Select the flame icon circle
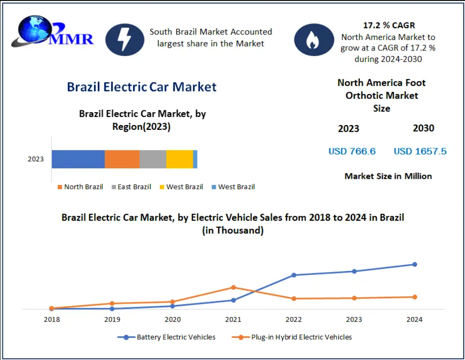pyautogui.click(x=314, y=39)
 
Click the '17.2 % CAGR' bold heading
pyautogui.click(x=388, y=26)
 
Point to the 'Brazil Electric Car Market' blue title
pyautogui.click(x=142, y=87)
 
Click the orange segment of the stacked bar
pyautogui.click(x=122, y=159)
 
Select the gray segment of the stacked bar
pyautogui.click(x=153, y=159)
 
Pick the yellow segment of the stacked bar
pyautogui.click(x=179, y=159)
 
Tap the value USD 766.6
pyautogui.click(x=352, y=151)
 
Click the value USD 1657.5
pyautogui.click(x=420, y=151)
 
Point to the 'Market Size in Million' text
pyautogui.click(x=388, y=176)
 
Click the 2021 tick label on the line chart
pyautogui.click(x=233, y=320)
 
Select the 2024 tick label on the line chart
pyautogui.click(x=414, y=320)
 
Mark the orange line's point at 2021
pyautogui.click(x=233, y=287)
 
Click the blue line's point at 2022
pyautogui.click(x=294, y=275)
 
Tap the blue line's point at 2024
pyautogui.click(x=415, y=264)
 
